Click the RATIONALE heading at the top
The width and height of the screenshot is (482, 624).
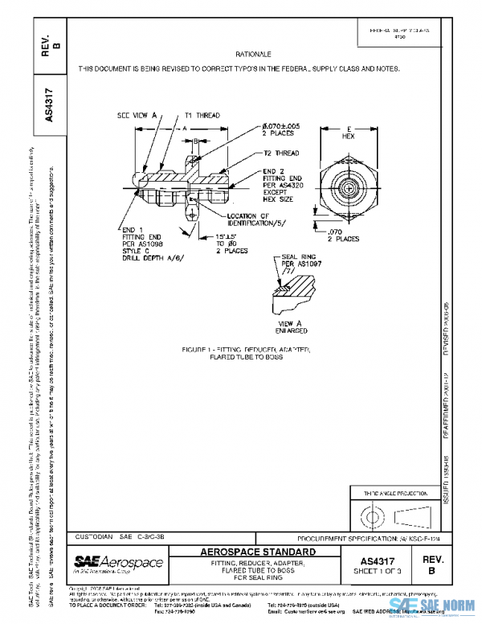[252, 53]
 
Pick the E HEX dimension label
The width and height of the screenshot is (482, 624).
[349, 133]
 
